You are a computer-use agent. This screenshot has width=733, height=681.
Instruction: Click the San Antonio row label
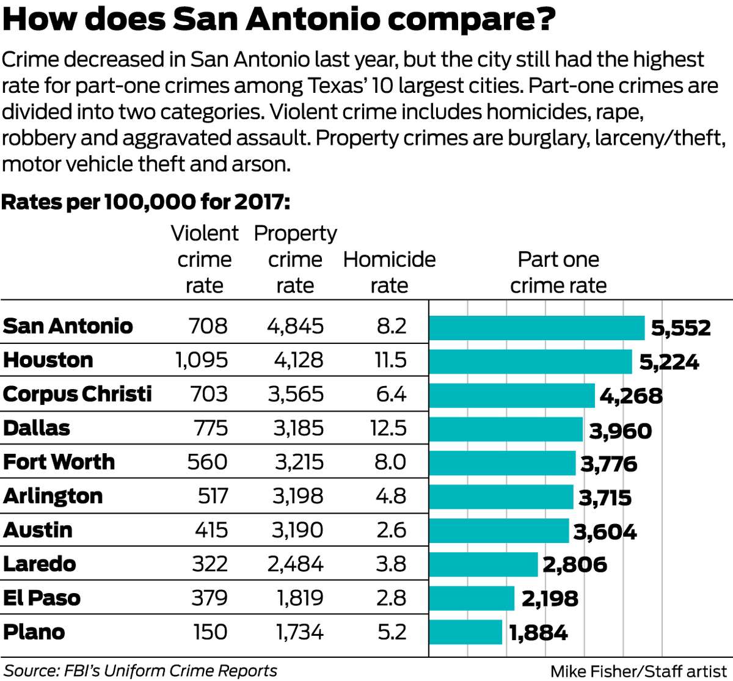coord(68,326)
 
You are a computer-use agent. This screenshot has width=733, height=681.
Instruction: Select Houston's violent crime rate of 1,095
coord(202,360)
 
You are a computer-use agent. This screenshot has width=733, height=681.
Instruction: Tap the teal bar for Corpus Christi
coord(512,396)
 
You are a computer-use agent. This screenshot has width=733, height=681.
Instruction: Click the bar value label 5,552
coord(680,328)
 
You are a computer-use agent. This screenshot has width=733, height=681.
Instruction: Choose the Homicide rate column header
coord(389,272)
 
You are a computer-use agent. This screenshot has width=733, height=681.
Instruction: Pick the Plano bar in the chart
coord(465,633)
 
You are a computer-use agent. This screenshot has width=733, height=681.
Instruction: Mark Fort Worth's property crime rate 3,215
coord(299,462)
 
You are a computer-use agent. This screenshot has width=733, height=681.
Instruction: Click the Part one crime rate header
coord(558,272)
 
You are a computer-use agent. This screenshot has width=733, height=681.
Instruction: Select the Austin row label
coord(38,530)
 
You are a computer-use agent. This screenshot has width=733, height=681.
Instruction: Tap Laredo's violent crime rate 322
coord(210,564)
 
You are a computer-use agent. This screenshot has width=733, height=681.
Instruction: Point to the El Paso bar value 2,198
coord(549,599)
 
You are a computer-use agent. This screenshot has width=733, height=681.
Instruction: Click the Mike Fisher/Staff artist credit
coord(638,671)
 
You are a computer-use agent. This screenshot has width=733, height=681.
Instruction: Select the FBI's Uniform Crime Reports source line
coord(140,670)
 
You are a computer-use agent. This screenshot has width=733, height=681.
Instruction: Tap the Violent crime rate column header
coord(205,260)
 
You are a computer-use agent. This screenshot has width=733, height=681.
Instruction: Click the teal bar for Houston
coord(530,362)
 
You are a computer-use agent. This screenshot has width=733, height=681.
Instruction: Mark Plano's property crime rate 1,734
coord(299,632)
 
